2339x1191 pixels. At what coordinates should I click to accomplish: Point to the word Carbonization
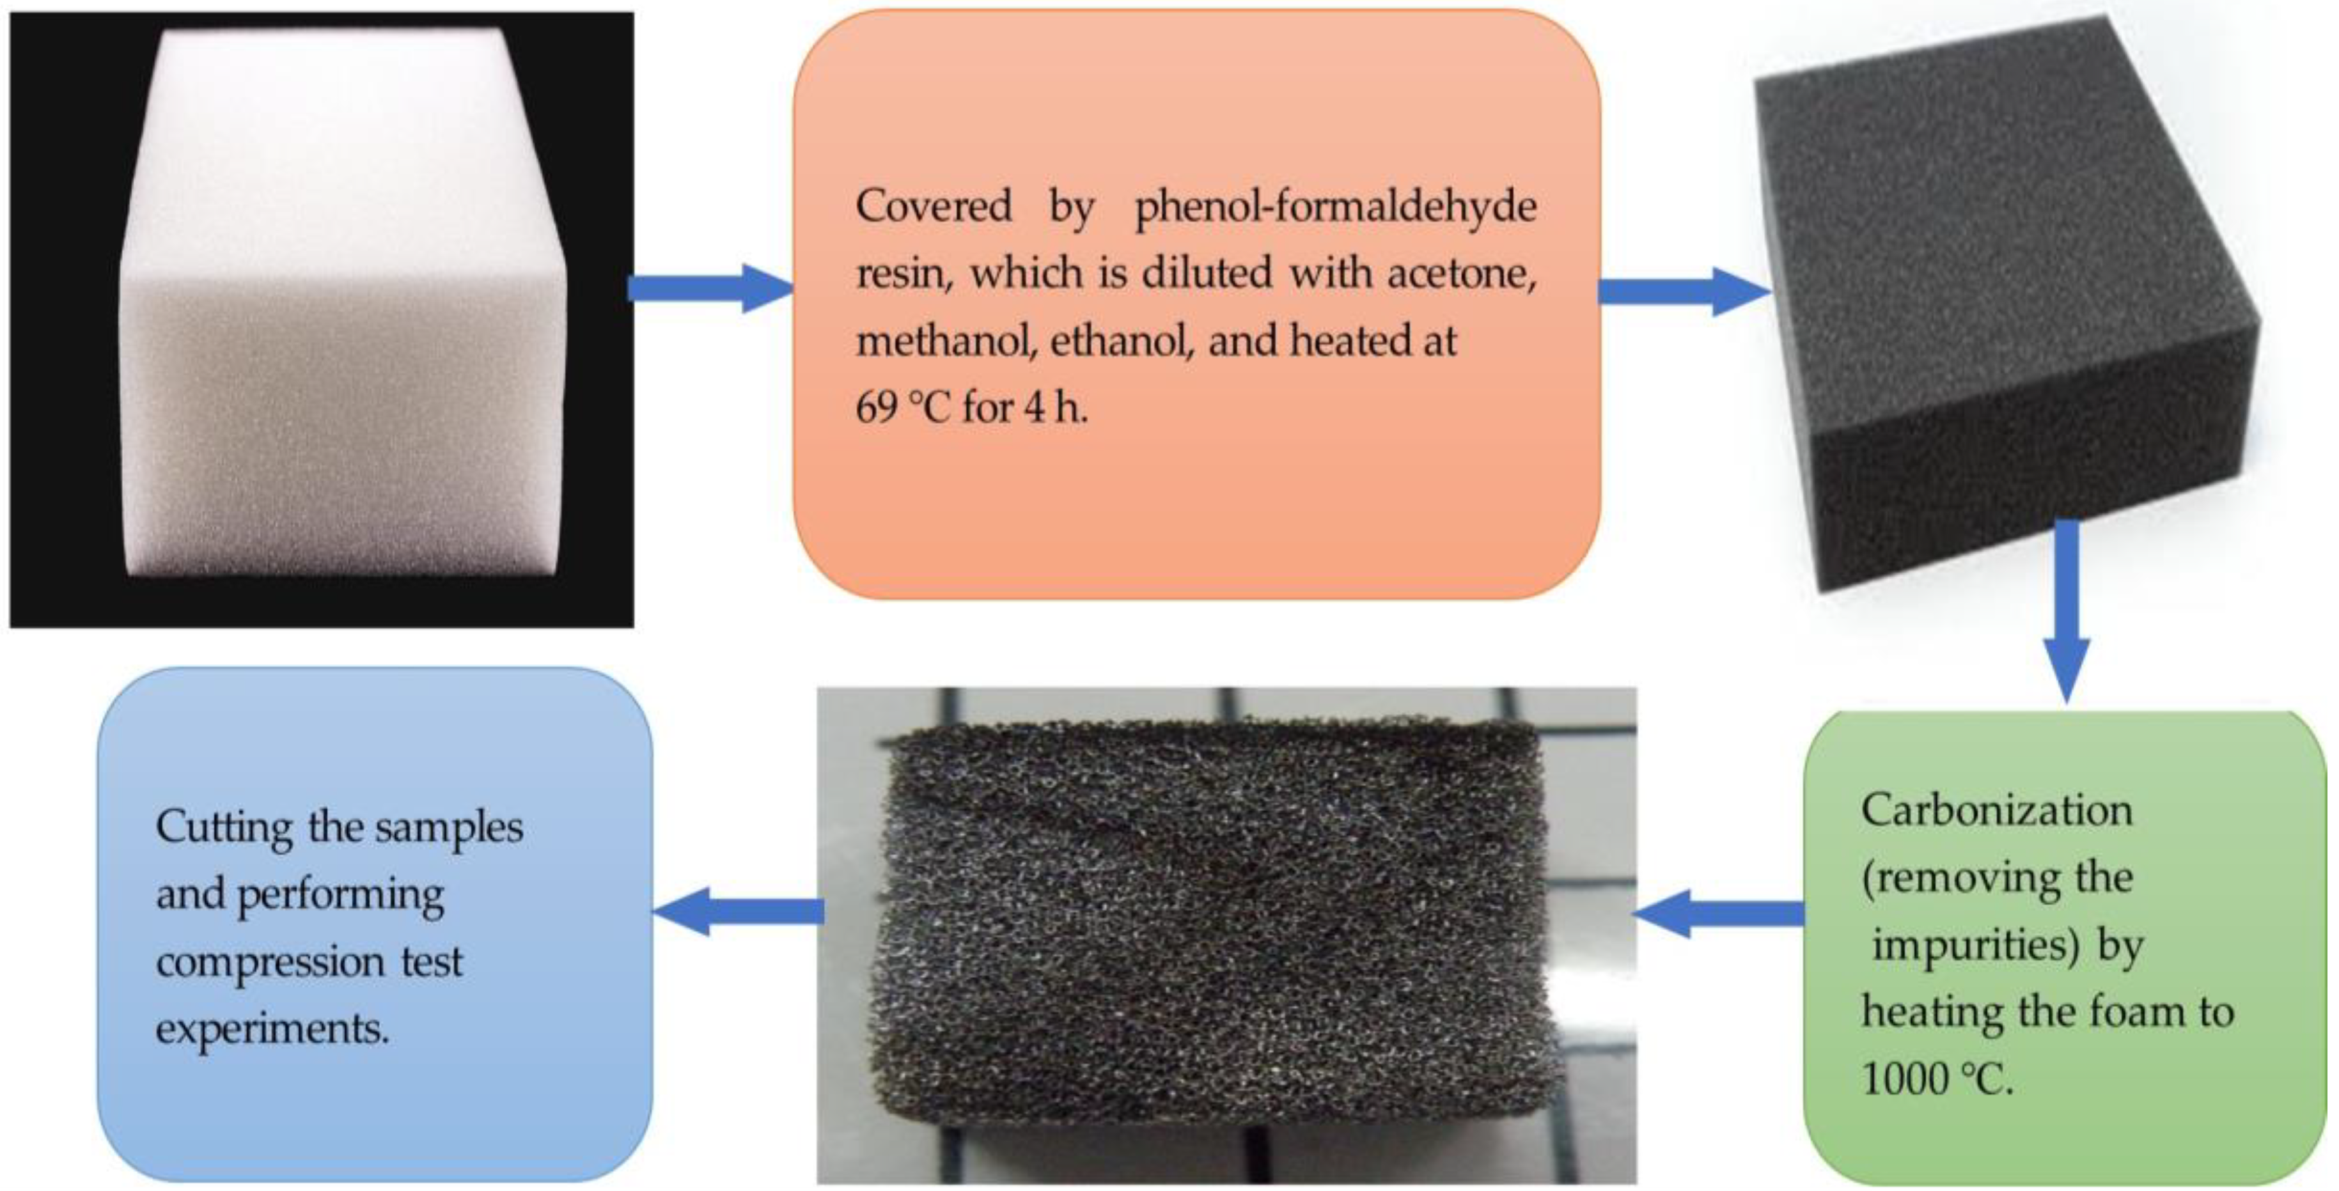click(1996, 811)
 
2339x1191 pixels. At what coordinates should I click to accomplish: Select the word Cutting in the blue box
click(223, 828)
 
